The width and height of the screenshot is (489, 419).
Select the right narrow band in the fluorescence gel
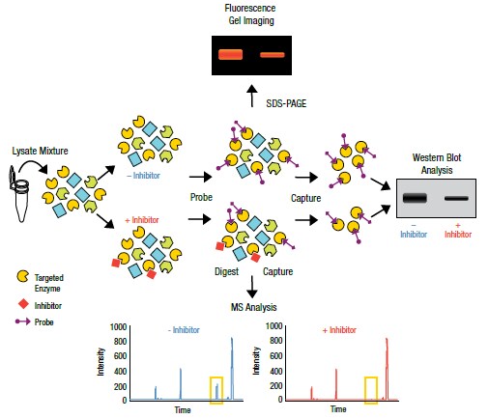pos(273,55)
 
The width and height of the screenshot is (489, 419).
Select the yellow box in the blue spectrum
pos(216,388)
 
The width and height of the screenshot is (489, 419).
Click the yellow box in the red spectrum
pos(371,389)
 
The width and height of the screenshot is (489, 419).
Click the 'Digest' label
pos(226,271)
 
